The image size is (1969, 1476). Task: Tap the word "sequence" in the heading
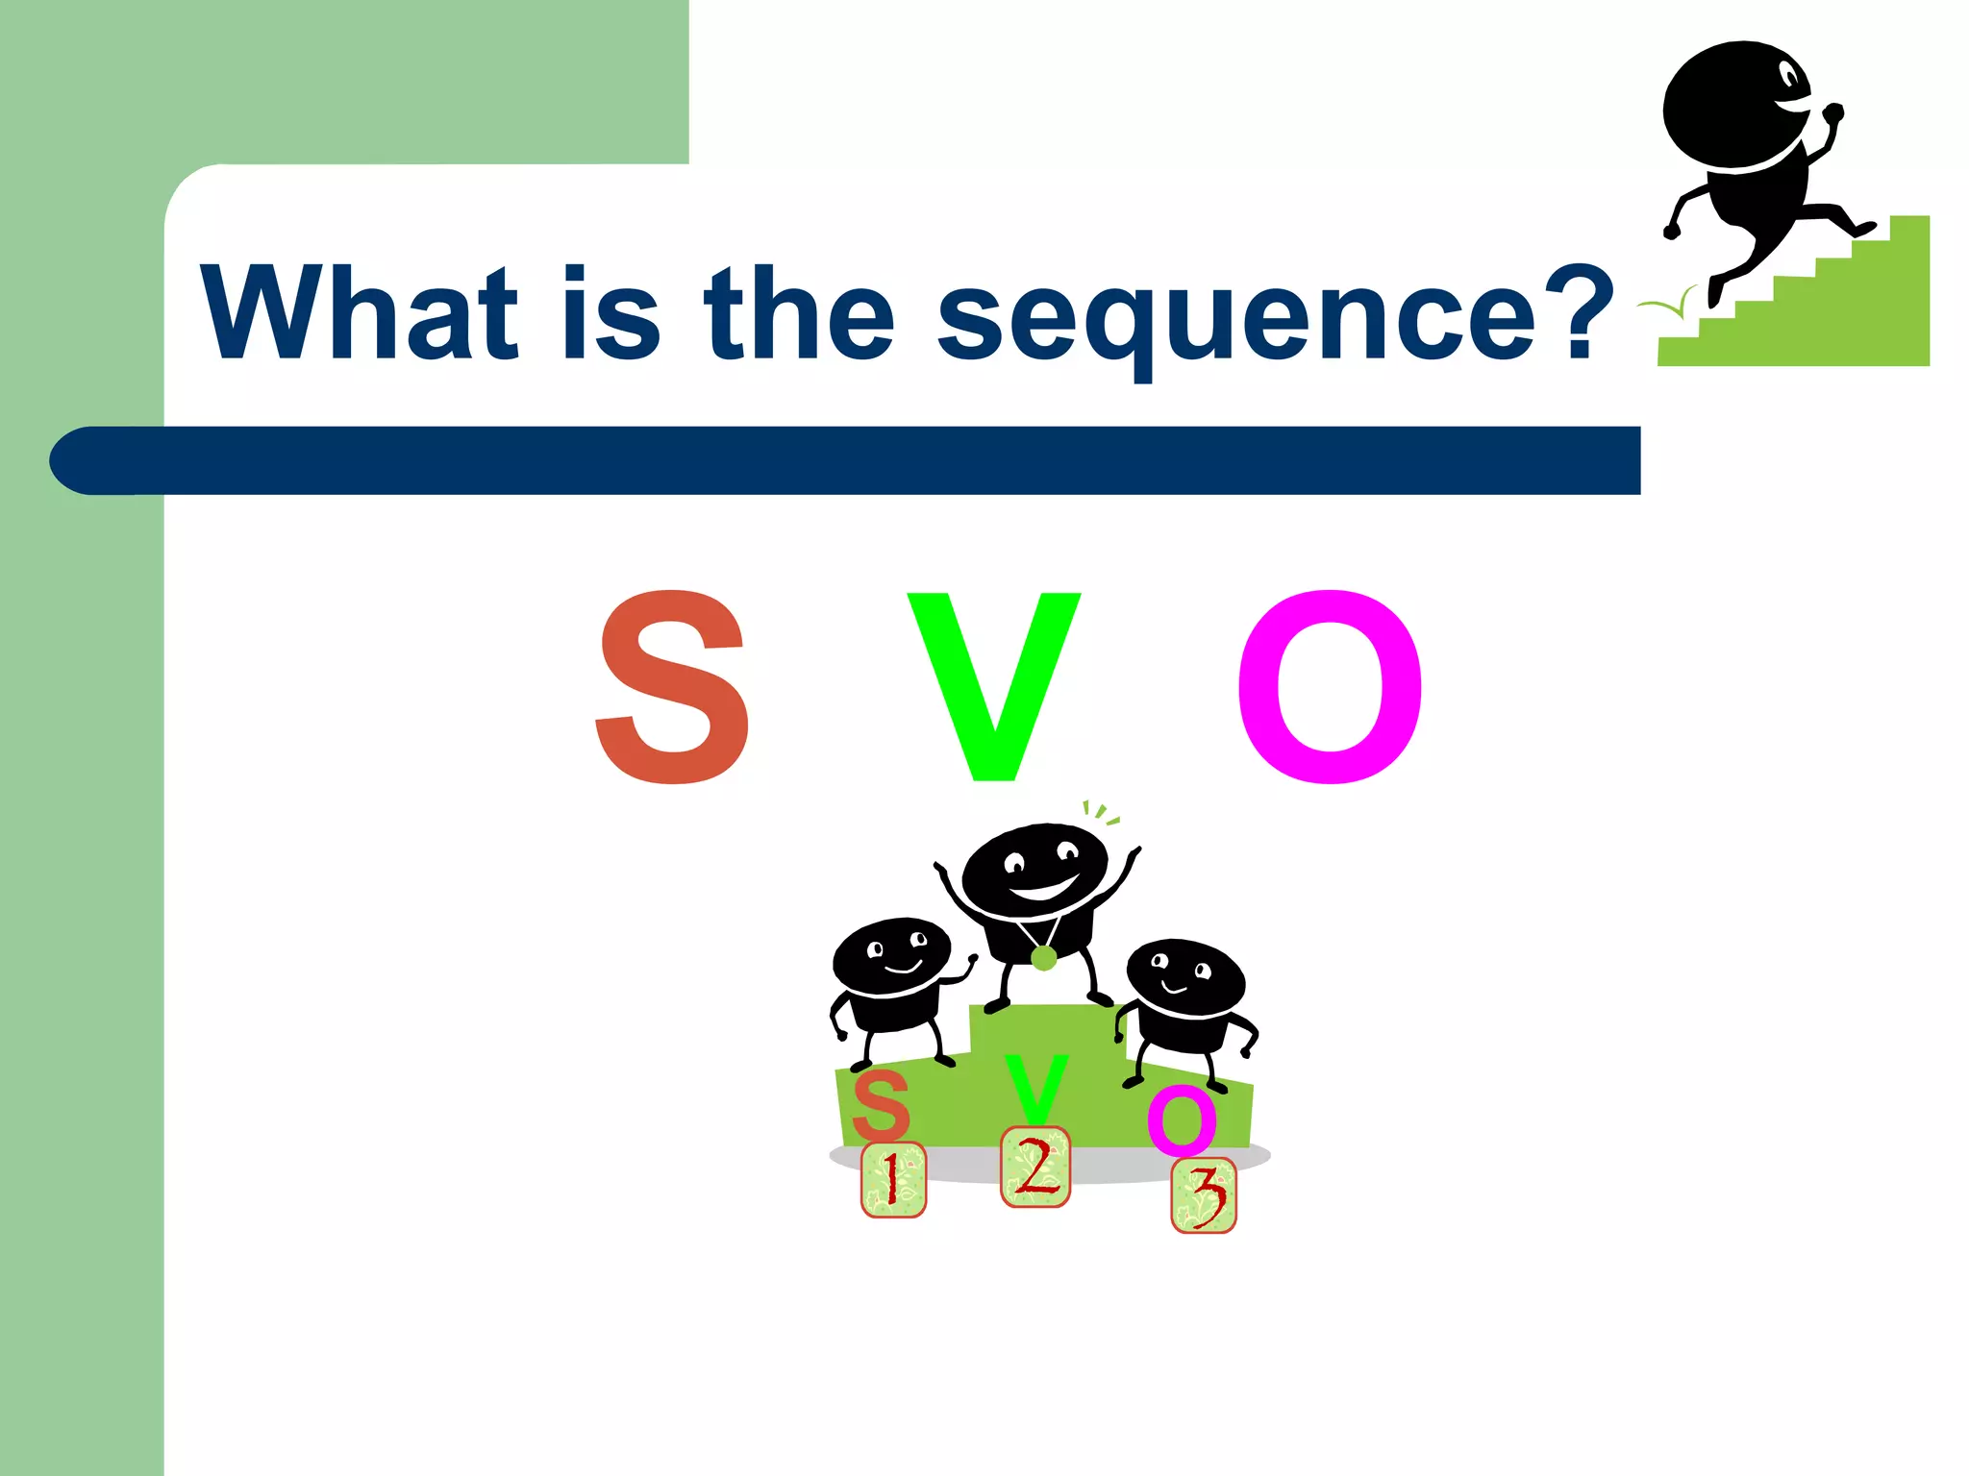click(1237, 317)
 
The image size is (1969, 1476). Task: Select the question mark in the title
click(1581, 312)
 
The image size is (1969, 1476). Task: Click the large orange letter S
click(672, 686)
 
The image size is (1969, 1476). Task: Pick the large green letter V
click(993, 686)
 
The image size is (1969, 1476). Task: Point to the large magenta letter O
click(1330, 686)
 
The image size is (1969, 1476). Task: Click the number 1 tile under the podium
click(893, 1180)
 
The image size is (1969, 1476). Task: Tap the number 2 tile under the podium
click(1035, 1167)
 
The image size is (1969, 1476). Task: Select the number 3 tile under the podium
click(1204, 1196)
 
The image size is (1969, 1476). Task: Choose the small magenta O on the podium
click(1182, 1119)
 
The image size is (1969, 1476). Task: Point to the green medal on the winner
click(1043, 957)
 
